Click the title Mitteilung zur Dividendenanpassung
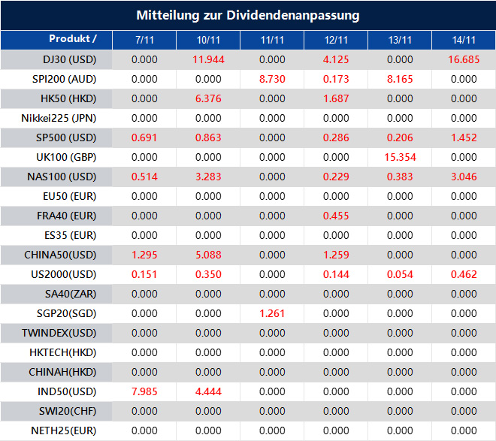tap(248, 15)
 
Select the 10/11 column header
tap(208, 40)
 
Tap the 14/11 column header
tap(464, 40)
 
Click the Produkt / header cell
tap(73, 38)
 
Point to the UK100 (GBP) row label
tap(59, 157)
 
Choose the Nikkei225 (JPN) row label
tap(59, 118)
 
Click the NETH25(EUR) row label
tap(59, 430)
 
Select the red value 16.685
tap(464, 59)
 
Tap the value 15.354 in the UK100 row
tap(400, 157)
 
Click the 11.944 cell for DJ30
tap(208, 59)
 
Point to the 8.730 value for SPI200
tap(272, 79)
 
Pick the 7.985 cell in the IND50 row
tap(144, 391)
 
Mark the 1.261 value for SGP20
tap(272, 313)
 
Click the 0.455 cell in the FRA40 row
tap(336, 216)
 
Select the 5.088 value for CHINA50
tap(208, 255)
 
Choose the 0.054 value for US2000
tap(400, 274)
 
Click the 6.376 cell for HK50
tap(208, 98)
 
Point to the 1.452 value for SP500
tap(464, 137)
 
